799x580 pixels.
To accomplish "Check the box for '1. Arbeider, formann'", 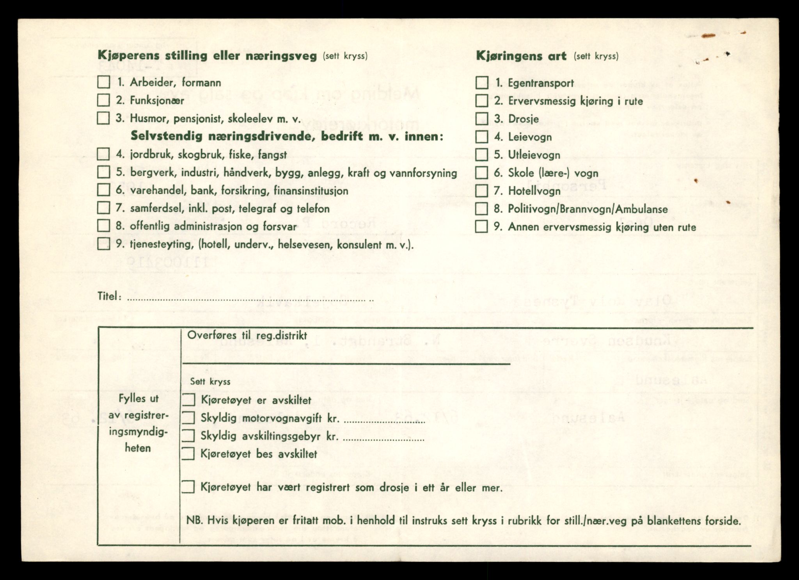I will tap(103, 82).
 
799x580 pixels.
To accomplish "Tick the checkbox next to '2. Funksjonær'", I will tap(103, 100).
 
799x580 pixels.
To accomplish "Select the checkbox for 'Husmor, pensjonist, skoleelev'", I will tap(103, 118).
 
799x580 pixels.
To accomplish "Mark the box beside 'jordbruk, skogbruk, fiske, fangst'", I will tap(103, 154).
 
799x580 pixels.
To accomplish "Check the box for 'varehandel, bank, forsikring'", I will tap(103, 190).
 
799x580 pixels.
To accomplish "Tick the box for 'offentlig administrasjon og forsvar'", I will tap(103, 226).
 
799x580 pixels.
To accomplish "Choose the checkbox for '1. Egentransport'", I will tap(482, 83).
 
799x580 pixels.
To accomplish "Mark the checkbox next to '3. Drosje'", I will tap(482, 119).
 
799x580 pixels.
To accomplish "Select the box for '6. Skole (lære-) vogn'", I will tap(482, 173).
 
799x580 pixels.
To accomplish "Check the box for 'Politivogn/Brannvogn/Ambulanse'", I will tap(482, 208).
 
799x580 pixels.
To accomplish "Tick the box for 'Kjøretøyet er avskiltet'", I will tap(188, 400).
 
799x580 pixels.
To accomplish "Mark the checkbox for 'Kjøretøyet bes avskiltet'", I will tap(188, 454).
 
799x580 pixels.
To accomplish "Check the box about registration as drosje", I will tap(188, 487).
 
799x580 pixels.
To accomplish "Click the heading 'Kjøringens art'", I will tap(521, 56).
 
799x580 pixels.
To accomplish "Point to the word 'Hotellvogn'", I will tap(534, 191).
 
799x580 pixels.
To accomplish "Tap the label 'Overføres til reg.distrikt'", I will tap(247, 336).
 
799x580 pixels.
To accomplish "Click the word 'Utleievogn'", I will tap(534, 155).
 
